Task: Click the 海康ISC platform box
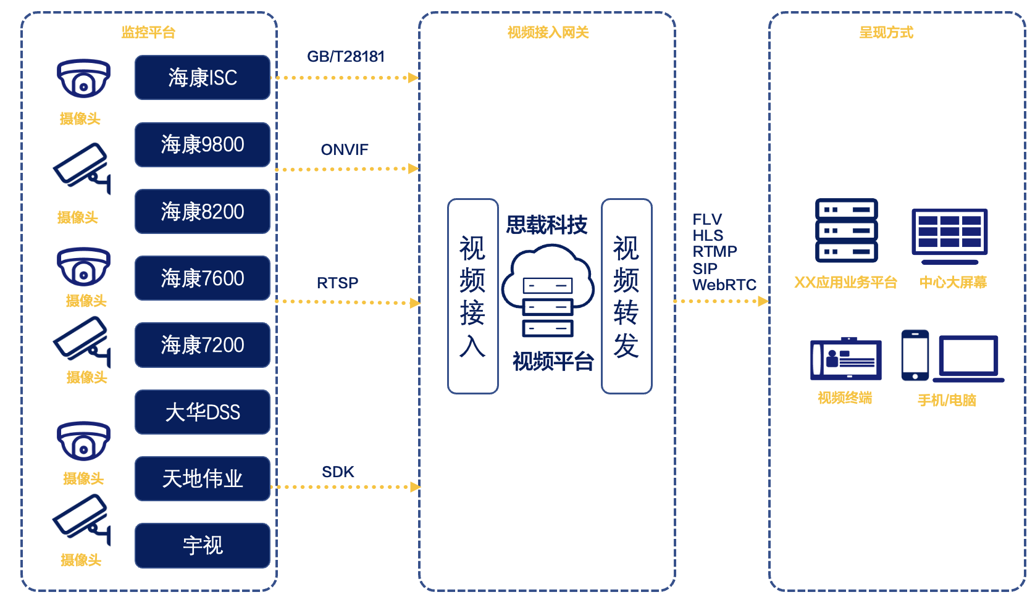pyautogui.click(x=203, y=78)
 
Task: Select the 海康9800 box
pyautogui.click(x=203, y=144)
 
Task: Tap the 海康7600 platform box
pyautogui.click(x=203, y=278)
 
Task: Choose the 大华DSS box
pyautogui.click(x=203, y=412)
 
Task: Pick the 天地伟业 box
pyautogui.click(x=203, y=478)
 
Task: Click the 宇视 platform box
pyautogui.click(x=203, y=546)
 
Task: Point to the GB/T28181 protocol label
pyautogui.click(x=346, y=56)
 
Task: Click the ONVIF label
pyautogui.click(x=345, y=149)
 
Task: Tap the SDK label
pyautogui.click(x=338, y=472)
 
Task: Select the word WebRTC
pyautogui.click(x=724, y=285)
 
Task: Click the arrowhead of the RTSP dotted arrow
pyautogui.click(x=415, y=303)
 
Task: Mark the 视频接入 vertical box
pyautogui.click(x=472, y=296)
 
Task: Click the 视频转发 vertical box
pyautogui.click(x=627, y=296)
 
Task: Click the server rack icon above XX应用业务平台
pyautogui.click(x=847, y=230)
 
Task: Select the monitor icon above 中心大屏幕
pyautogui.click(x=950, y=236)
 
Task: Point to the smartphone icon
pyautogui.click(x=915, y=355)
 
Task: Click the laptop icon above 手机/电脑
pyautogui.click(x=968, y=359)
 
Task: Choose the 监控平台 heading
pyautogui.click(x=148, y=32)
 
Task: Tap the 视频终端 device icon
pyautogui.click(x=845, y=359)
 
